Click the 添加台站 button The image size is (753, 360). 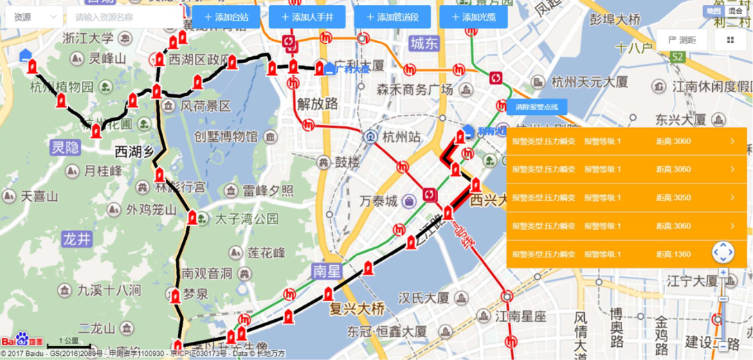point(226,17)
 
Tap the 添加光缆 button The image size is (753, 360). point(473,17)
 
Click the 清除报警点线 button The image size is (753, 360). point(537,107)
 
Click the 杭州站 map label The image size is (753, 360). point(401,136)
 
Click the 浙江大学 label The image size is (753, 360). point(87,39)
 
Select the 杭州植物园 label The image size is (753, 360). point(62,87)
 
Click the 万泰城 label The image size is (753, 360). point(379,201)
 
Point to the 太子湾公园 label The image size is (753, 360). point(246,219)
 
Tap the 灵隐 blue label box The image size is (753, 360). point(65,147)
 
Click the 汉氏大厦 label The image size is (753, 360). point(424,298)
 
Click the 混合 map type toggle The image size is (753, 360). point(735,11)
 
